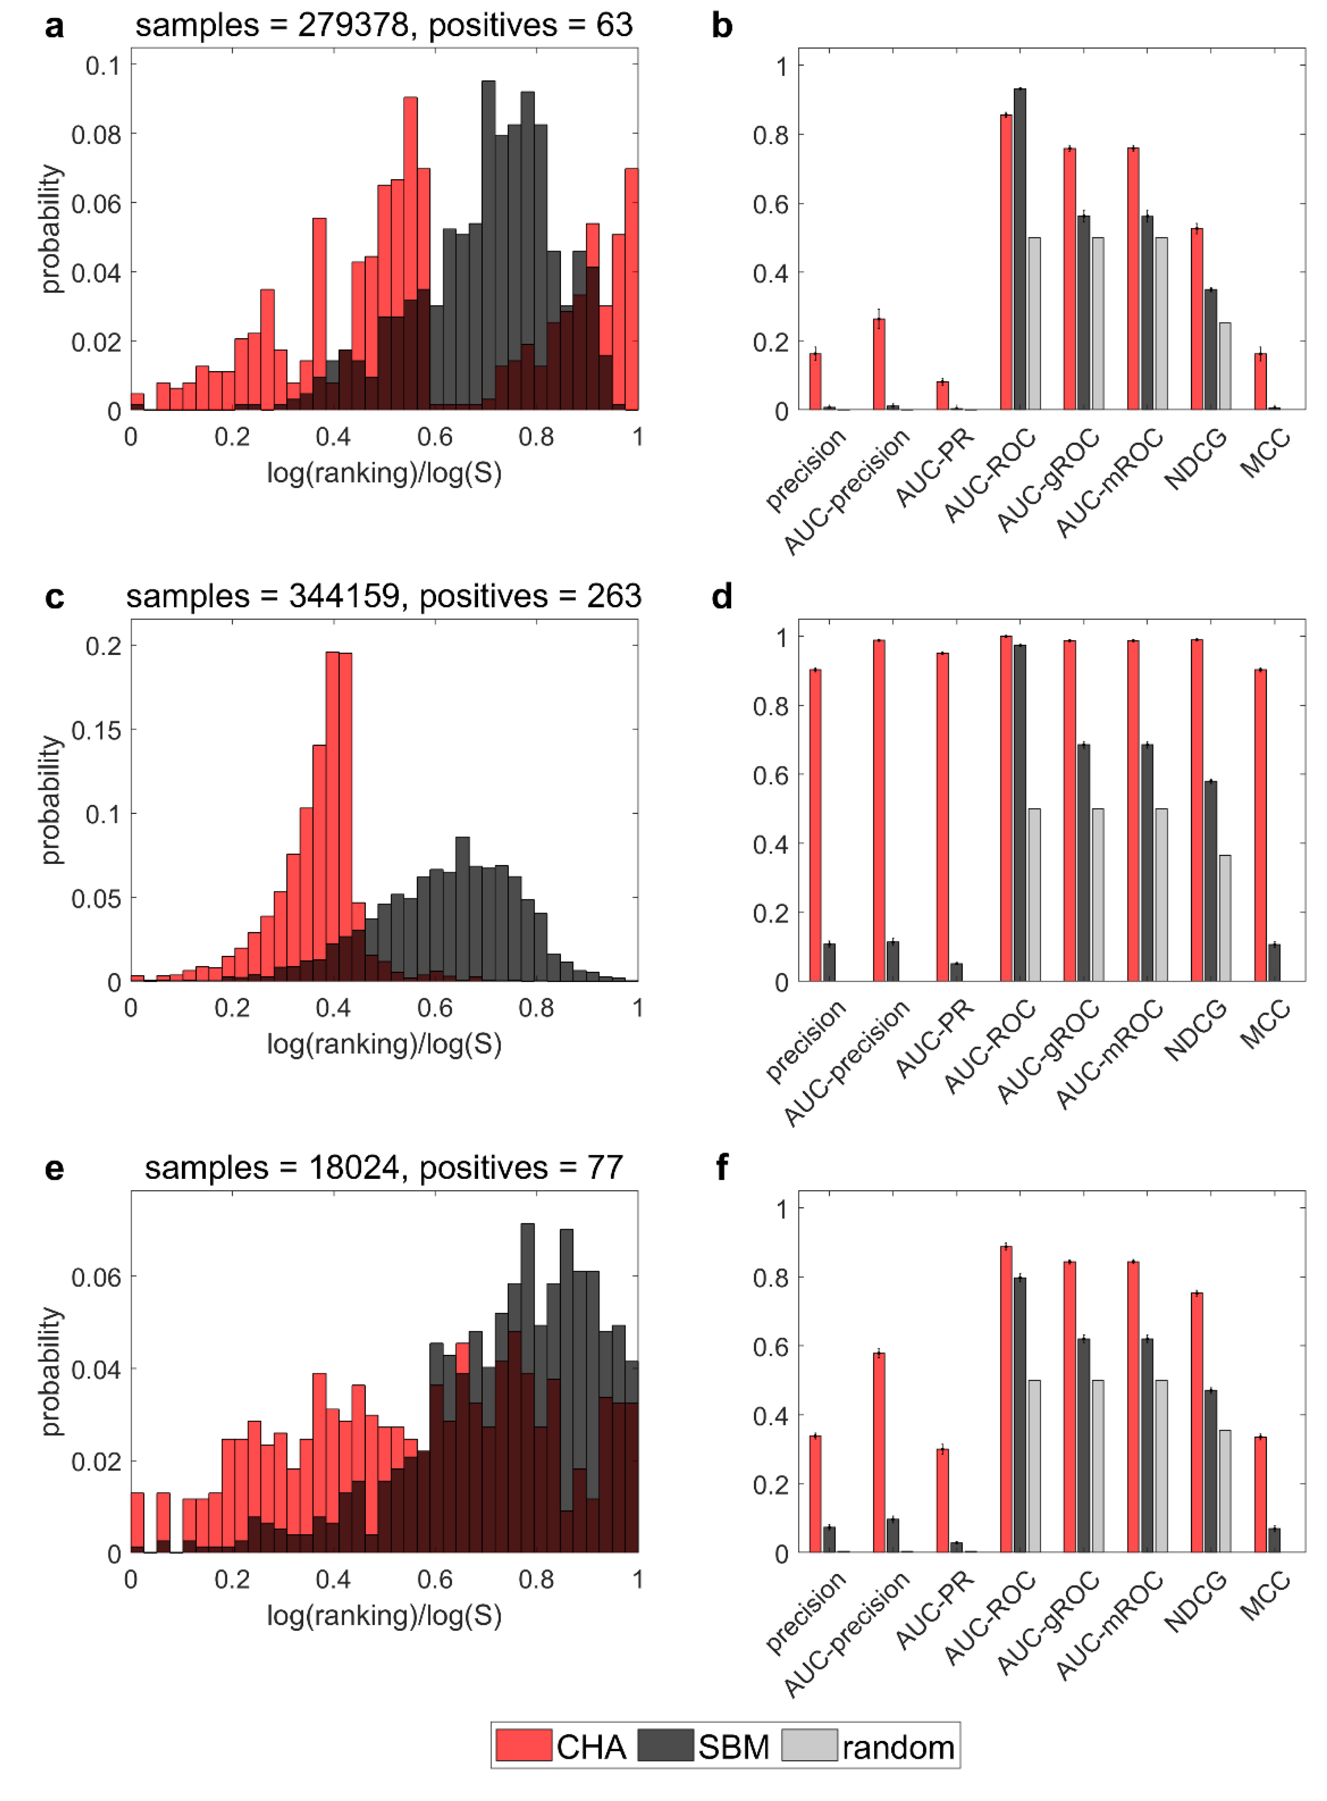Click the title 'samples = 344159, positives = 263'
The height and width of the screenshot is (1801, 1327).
pyautogui.click(x=383, y=596)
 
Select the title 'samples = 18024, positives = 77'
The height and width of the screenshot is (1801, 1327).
pyautogui.click(x=383, y=1167)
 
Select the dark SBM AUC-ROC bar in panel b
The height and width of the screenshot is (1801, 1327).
pyautogui.click(x=1019, y=249)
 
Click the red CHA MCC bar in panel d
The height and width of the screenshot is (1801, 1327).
pyautogui.click(x=1260, y=825)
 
